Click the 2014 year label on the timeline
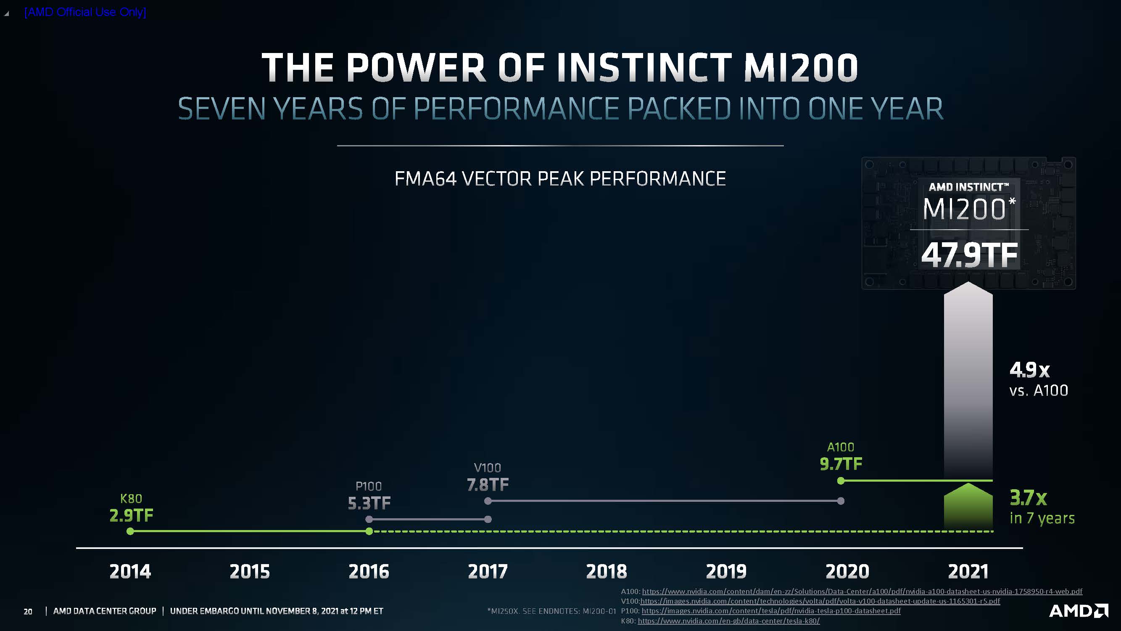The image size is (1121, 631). [x=130, y=571]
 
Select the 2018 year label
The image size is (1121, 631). [x=607, y=571]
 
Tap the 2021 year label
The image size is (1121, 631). [x=968, y=571]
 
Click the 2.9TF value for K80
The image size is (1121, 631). [x=132, y=516]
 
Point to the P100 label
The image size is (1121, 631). [x=369, y=486]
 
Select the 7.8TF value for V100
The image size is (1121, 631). [x=488, y=485]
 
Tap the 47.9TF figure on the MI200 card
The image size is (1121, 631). [x=970, y=255]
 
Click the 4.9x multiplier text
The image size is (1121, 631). [x=1030, y=370]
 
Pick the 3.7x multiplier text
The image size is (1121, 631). [x=1028, y=498]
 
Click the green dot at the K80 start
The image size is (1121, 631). [x=130, y=531]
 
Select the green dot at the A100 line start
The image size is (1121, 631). [x=841, y=481]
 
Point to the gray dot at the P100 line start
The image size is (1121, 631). [x=369, y=519]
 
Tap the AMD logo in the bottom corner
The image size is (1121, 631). [x=1079, y=610]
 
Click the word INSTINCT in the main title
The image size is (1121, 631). [x=644, y=67]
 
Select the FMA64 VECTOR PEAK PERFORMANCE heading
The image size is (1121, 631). [x=560, y=178]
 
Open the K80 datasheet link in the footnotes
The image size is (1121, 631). [x=728, y=621]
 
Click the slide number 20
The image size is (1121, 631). [x=28, y=611]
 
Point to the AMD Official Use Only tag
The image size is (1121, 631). [x=85, y=12]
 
